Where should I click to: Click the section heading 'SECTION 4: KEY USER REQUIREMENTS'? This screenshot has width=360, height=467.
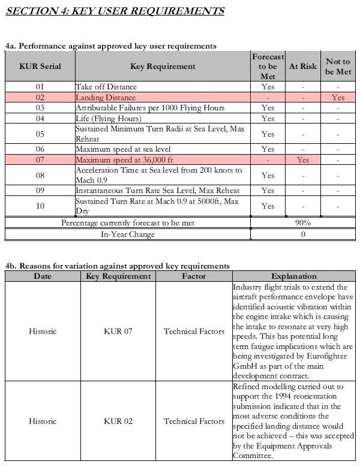coord(115,11)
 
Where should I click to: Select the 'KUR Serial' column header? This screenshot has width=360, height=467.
coord(40,67)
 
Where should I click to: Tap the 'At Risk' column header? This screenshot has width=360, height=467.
coord(302,67)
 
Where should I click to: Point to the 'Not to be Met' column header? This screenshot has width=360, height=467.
coord(338,67)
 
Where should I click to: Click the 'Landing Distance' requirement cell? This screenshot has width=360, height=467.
coord(106,97)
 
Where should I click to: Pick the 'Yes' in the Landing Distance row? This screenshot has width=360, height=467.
coord(338,97)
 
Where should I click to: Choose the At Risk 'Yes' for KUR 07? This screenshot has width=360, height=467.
coord(302,160)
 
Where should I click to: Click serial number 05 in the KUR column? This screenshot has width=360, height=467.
coord(40,134)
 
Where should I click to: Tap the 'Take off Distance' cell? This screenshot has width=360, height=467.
coord(106,87)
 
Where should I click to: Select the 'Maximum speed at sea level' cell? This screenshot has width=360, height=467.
coord(123,149)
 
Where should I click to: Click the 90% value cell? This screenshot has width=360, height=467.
coord(302,223)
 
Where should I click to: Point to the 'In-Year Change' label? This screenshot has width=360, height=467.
coord(127,234)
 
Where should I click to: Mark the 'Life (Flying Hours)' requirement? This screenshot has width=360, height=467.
coord(109,118)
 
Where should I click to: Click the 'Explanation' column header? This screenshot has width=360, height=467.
coord(294,276)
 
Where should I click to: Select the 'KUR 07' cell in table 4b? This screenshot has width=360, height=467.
coord(118,331)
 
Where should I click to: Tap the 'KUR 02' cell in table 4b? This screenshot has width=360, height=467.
coord(118,421)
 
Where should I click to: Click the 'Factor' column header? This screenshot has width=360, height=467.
coord(194,276)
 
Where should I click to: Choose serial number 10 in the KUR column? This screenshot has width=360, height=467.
coord(40,206)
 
